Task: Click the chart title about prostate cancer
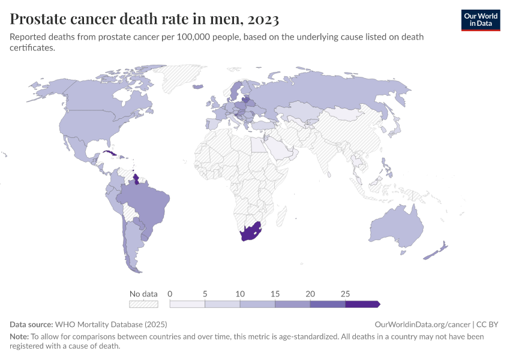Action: click(x=144, y=19)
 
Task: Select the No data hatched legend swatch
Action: click(x=143, y=304)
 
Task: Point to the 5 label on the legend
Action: click(x=205, y=294)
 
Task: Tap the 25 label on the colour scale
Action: click(x=345, y=294)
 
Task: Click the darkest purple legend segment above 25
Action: click(x=362, y=304)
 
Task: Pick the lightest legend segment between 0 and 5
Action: click(x=187, y=304)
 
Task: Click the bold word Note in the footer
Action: click(x=19, y=337)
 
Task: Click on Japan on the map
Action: click(x=396, y=128)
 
